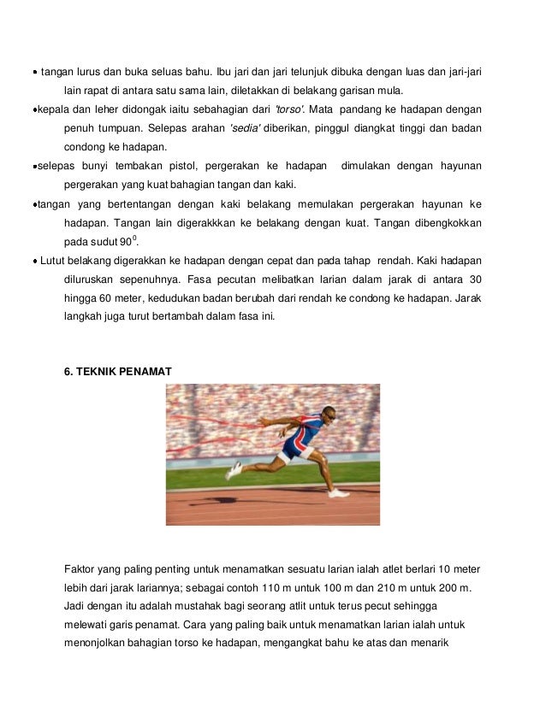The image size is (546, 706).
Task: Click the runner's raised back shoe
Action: (233, 469)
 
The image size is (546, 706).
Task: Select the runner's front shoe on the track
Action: (338, 492)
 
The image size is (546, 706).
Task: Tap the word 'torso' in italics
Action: (287, 109)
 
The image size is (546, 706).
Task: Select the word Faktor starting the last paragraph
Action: (81, 569)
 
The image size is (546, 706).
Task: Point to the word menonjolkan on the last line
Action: (98, 644)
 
